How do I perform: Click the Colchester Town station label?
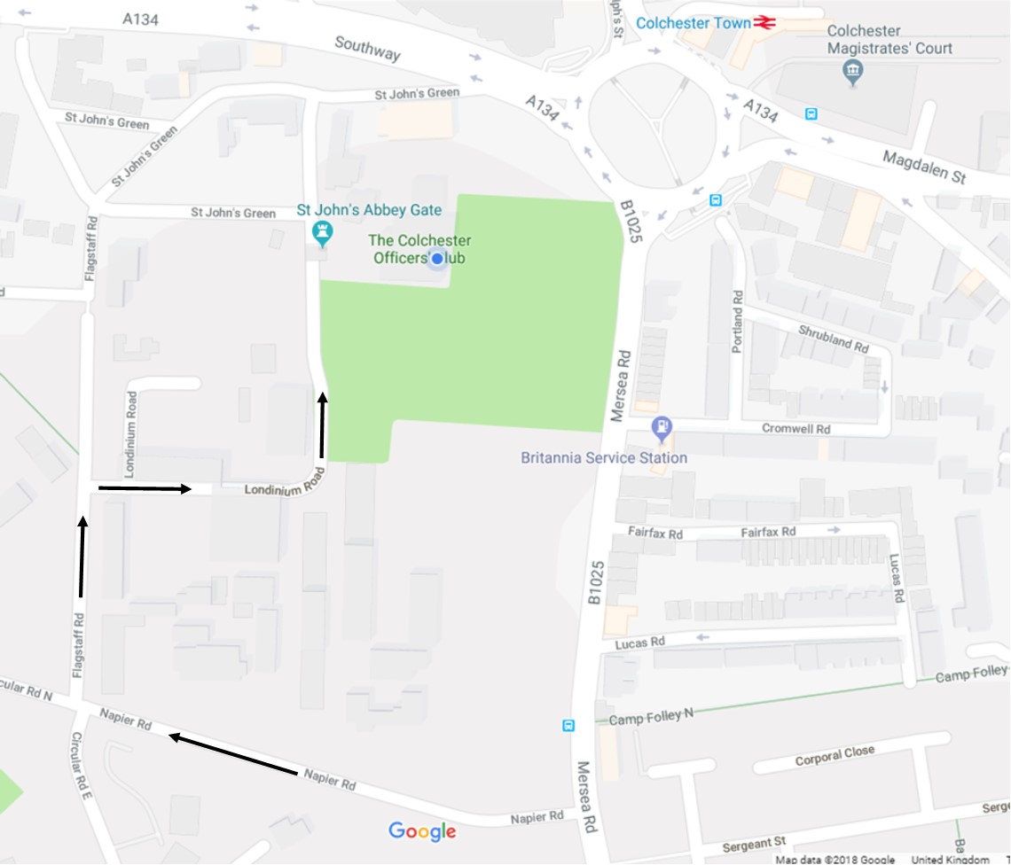[694, 23]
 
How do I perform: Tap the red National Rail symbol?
[764, 23]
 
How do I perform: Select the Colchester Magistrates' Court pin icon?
[853, 71]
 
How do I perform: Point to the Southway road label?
[367, 49]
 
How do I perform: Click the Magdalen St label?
[923, 167]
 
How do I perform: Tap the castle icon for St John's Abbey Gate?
[322, 233]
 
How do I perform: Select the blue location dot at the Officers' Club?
[436, 259]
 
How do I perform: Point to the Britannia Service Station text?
[604, 457]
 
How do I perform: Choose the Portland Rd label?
[737, 321]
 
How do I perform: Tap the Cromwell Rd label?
[795, 428]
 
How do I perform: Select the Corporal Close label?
[835, 756]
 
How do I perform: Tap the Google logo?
[422, 831]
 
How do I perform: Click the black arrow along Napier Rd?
[233, 755]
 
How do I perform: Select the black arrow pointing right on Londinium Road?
[145, 488]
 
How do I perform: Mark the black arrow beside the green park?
[322, 427]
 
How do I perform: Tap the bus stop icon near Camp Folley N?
[568, 725]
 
